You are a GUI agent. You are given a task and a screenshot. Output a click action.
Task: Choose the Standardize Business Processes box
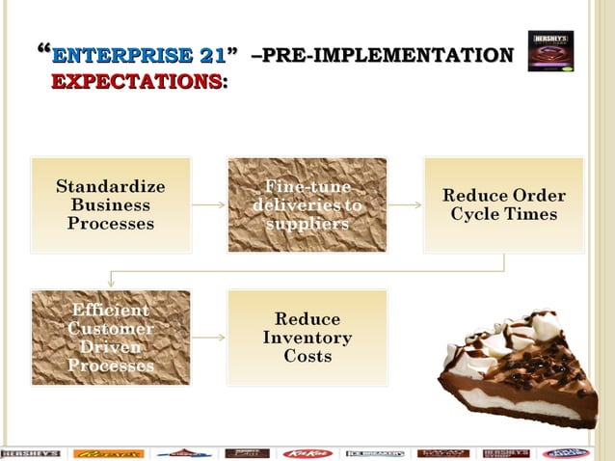click(x=111, y=204)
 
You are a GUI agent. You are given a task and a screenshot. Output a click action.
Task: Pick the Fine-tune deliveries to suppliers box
click(x=307, y=204)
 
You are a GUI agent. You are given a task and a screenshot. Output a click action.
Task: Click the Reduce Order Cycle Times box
click(x=504, y=204)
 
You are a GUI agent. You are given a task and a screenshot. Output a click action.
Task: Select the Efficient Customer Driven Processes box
click(x=111, y=338)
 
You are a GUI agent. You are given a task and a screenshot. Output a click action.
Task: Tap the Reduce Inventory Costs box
click(x=307, y=338)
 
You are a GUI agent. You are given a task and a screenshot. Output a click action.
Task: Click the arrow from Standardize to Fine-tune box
click(x=209, y=204)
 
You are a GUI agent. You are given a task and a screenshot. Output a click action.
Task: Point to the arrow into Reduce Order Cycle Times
click(x=406, y=204)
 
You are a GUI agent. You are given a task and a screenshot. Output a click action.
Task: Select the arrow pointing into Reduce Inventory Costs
click(x=209, y=338)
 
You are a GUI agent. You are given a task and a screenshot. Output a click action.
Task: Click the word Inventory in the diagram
click(x=307, y=338)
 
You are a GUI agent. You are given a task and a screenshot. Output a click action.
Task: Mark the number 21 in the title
click(x=211, y=55)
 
